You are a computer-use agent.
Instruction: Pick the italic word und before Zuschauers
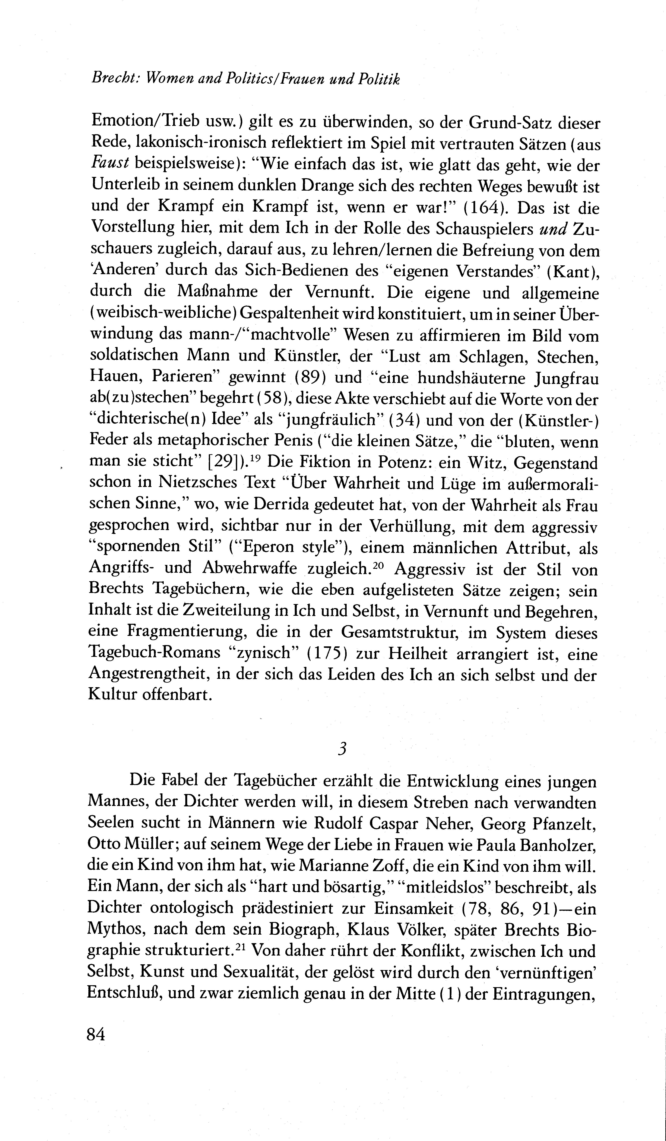coord(554,229)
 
